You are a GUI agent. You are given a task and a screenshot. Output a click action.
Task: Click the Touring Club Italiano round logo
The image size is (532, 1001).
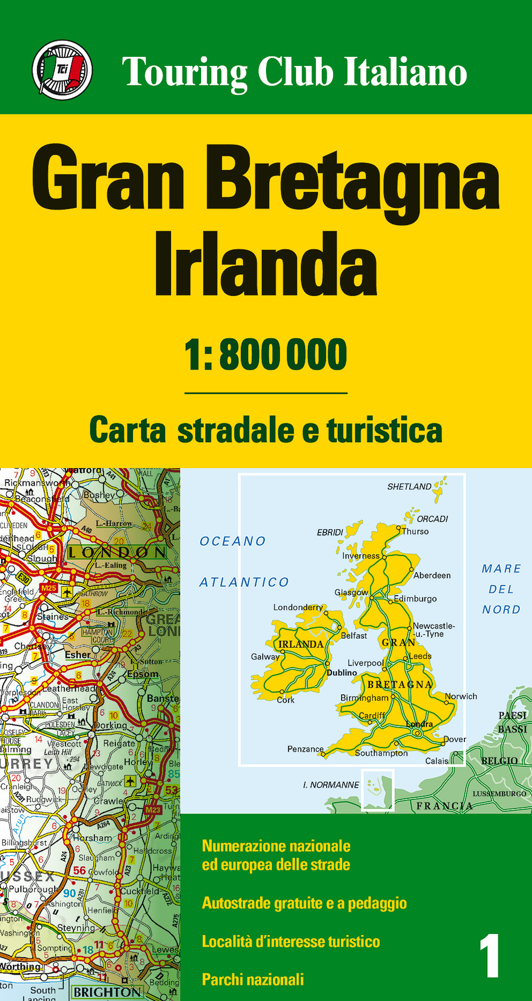coord(62,70)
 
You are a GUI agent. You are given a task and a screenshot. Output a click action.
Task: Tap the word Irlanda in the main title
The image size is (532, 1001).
coord(265,264)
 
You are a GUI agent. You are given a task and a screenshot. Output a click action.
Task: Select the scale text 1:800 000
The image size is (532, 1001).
coord(265,355)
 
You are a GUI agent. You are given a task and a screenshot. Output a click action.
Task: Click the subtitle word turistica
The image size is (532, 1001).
coord(384,430)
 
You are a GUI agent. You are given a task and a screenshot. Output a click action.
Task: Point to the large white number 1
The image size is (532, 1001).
coord(489,956)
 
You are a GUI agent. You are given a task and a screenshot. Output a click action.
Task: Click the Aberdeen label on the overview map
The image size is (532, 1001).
coord(432,575)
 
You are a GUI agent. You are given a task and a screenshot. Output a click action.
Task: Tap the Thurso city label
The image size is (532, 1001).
coord(415,531)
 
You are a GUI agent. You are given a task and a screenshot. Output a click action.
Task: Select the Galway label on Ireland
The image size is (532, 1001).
coord(265,657)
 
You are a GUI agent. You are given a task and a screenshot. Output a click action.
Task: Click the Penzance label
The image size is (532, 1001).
coord(305,749)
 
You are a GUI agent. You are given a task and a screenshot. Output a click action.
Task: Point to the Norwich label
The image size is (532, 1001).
coord(461,696)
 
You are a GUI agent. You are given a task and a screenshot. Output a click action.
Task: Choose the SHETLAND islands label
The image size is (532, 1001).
coord(409,487)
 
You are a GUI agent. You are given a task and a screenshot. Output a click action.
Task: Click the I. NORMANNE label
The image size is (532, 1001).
coord(331,785)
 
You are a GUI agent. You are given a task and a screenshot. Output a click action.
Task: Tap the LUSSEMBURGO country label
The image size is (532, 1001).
coord(499,794)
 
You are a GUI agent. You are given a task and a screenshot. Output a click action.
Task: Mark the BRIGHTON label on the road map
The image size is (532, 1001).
coord(107,992)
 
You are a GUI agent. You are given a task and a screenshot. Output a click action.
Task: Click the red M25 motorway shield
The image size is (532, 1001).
coord(48,588)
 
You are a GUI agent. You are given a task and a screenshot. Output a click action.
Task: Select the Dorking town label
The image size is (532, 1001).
coord(111,725)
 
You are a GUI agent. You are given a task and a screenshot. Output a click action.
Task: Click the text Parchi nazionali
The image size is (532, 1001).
coord(253,979)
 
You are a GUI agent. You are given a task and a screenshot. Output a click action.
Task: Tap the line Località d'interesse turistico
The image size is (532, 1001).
coord(291,941)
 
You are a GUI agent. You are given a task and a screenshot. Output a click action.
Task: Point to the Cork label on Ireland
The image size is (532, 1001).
coord(285,700)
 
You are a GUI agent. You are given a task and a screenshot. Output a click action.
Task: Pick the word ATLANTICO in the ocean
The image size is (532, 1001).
coord(244,582)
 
